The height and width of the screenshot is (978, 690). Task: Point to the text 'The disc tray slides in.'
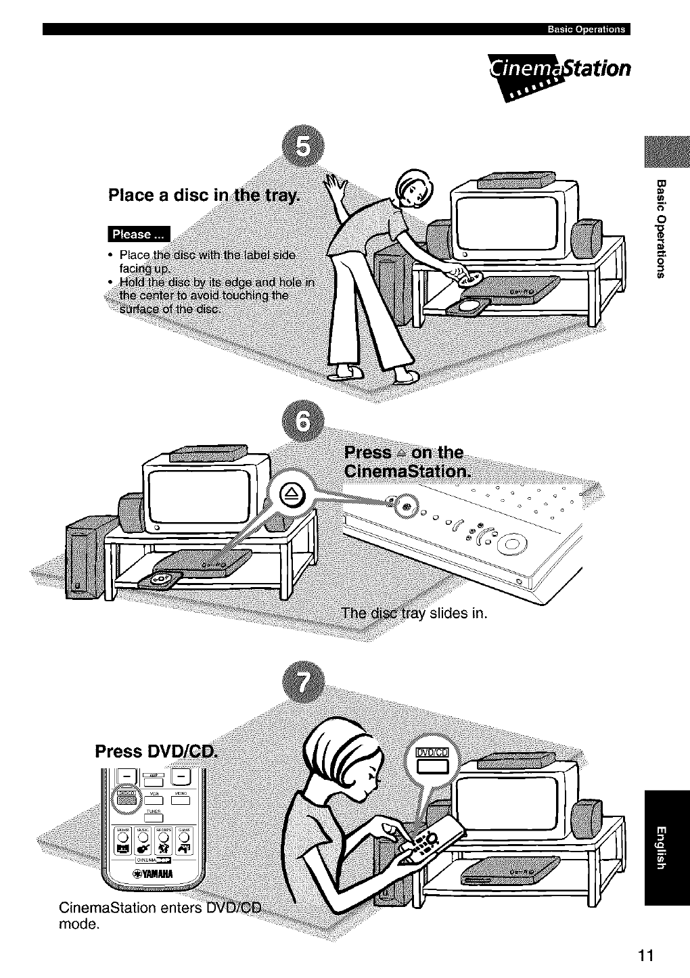(x=415, y=614)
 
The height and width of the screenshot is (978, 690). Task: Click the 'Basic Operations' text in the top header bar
(x=585, y=28)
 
